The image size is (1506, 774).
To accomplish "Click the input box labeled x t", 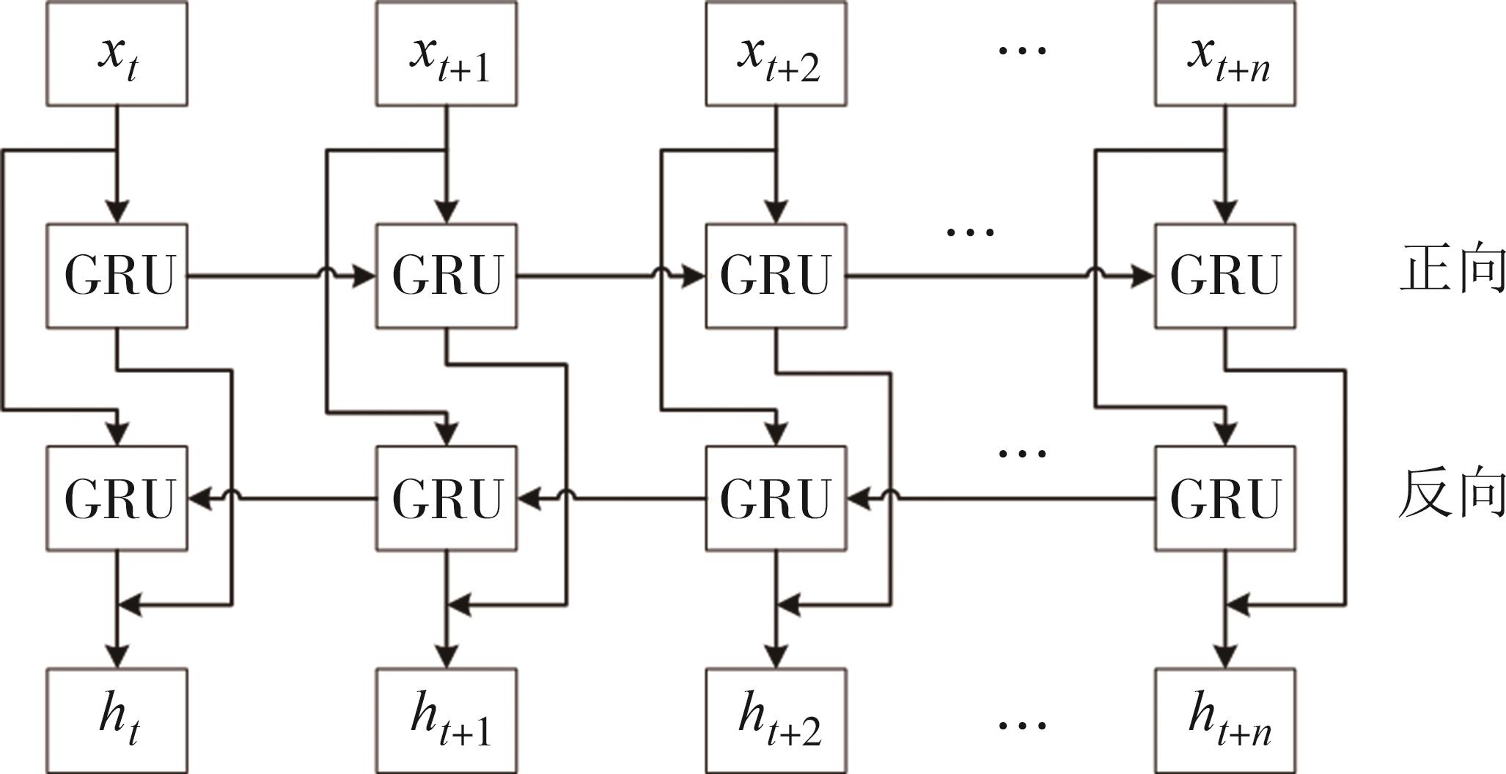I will click(x=117, y=54).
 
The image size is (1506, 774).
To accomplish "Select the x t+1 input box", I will click(x=446, y=54).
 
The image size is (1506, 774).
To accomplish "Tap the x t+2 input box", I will click(x=776, y=54).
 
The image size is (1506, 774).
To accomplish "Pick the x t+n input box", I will click(x=1224, y=54).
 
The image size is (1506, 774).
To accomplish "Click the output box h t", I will click(x=117, y=720).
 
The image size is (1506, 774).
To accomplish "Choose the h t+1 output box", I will click(x=446, y=720).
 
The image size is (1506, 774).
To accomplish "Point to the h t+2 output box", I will click(x=776, y=720).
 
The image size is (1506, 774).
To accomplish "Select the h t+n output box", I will click(x=1224, y=720).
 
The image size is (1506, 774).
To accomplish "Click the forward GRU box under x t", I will click(x=117, y=276).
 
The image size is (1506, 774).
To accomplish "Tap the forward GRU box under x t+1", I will click(x=446, y=276).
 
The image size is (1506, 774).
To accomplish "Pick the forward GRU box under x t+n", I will click(x=1224, y=276).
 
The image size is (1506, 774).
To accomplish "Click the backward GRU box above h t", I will click(x=117, y=498).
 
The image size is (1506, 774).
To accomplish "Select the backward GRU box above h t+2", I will click(x=776, y=498).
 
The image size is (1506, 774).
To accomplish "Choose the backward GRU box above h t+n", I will click(x=1224, y=498).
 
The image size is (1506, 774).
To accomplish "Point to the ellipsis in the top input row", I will click(x=1022, y=50).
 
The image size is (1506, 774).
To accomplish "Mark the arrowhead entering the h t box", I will click(x=117, y=657).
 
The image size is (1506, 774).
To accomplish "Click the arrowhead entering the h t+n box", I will click(x=1225, y=657).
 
